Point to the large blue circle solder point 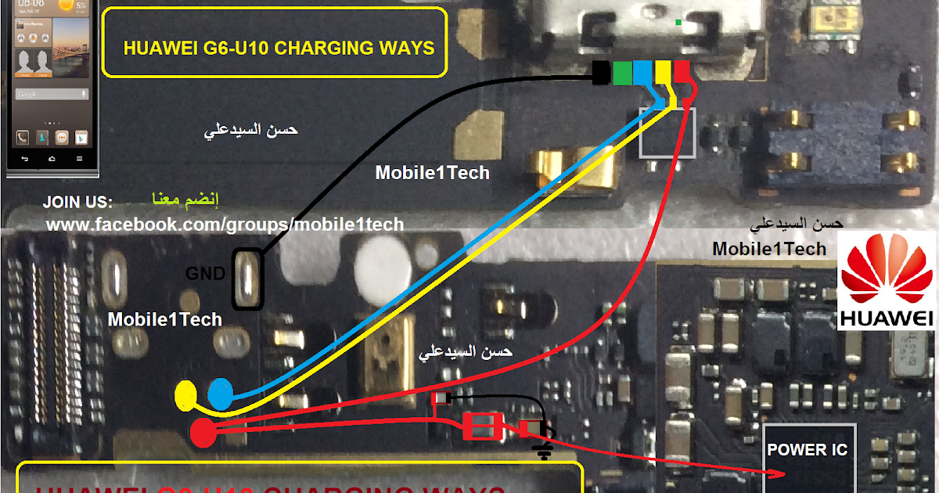point(221,393)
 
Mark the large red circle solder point point(204,432)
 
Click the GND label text point(205,274)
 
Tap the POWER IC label point(808,450)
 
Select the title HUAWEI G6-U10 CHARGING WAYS point(279,49)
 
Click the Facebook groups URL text point(225,225)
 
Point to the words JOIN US point(77,203)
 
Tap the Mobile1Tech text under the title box point(432,172)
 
